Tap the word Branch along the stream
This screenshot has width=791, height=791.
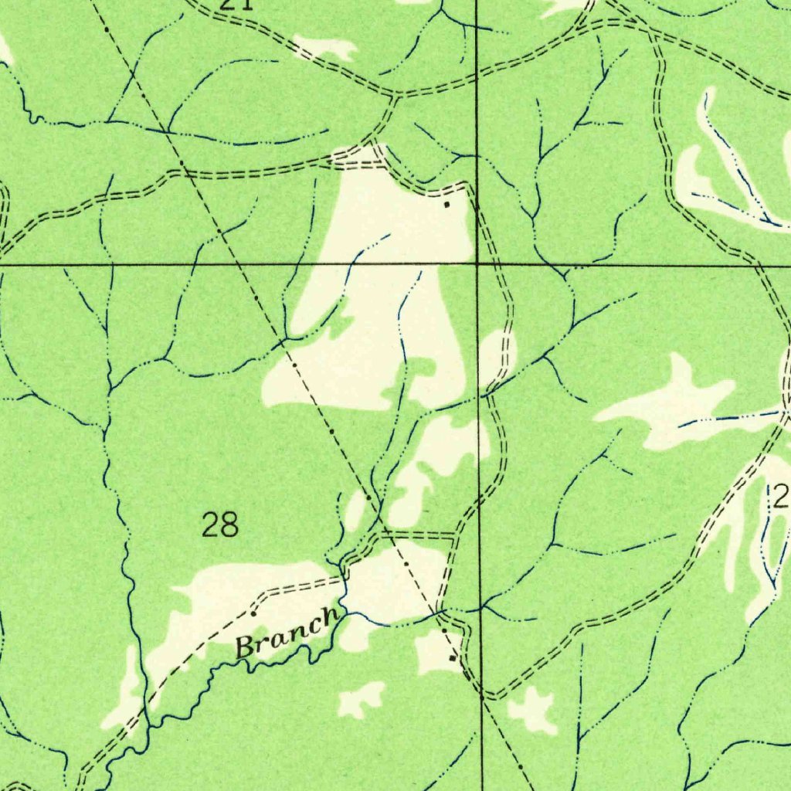click(286, 632)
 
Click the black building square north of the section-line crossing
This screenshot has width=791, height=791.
click(446, 204)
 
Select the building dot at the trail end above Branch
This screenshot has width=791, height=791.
click(253, 613)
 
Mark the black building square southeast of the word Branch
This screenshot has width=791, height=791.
click(453, 658)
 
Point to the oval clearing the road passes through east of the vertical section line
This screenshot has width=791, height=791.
click(498, 359)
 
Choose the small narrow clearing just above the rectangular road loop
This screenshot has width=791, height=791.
click(356, 510)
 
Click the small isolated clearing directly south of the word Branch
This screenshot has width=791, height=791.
click(361, 699)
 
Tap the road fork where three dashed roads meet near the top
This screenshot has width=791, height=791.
click(395, 97)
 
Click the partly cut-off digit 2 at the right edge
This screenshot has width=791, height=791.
click(782, 497)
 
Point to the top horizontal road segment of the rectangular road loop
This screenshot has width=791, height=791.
click(417, 534)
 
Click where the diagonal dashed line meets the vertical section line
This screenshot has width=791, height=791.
click(481, 697)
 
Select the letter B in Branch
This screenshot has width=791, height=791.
click(246, 646)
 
